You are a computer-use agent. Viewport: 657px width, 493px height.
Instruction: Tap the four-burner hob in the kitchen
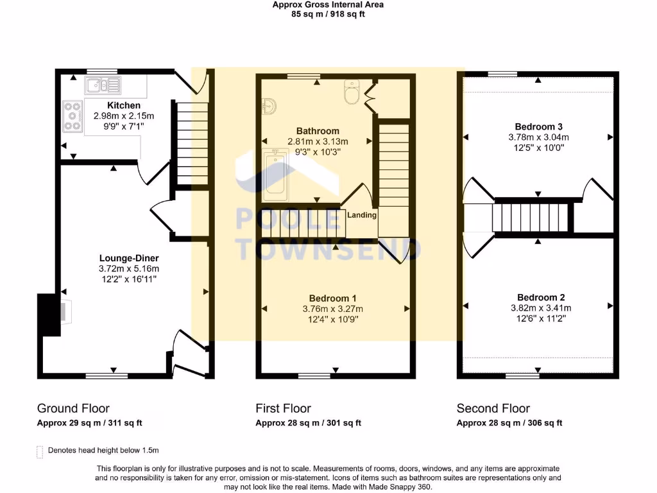pyautogui.click(x=73, y=117)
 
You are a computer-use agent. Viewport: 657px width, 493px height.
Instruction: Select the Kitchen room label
pyautogui.click(x=124, y=105)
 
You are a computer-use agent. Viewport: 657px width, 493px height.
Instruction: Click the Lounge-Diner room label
pyautogui.click(x=128, y=258)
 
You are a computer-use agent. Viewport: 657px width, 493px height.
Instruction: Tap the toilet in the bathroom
pyautogui.click(x=352, y=93)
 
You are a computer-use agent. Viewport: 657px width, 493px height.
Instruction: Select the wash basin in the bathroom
pyautogui.click(x=269, y=107)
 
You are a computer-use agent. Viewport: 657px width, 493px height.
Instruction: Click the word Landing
pyautogui.click(x=362, y=215)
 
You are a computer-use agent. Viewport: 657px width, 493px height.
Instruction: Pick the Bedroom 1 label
pyautogui.click(x=332, y=298)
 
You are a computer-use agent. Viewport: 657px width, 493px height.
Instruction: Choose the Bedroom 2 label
pyautogui.click(x=541, y=297)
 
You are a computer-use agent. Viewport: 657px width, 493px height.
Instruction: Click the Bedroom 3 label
pyautogui.click(x=538, y=126)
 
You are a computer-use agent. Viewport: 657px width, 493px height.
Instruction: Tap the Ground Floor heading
pyautogui.click(x=73, y=408)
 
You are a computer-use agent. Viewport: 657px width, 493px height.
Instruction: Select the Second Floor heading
pyautogui.click(x=493, y=408)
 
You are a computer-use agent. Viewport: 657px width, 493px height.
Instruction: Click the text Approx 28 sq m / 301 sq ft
pyautogui.click(x=308, y=423)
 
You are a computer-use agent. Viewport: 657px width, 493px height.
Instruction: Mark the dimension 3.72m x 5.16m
pyautogui.click(x=128, y=269)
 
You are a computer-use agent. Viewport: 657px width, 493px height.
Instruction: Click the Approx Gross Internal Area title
pyautogui.click(x=328, y=4)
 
